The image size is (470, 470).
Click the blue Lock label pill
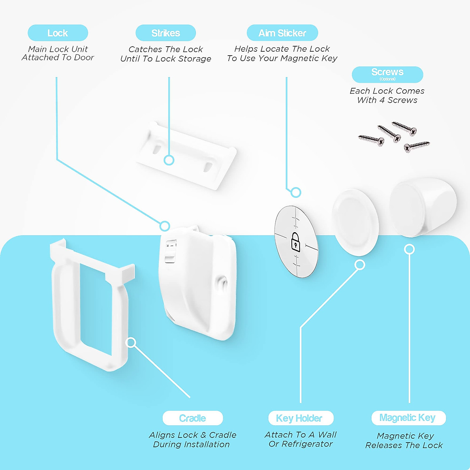(58, 33)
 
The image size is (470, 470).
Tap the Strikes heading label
(166, 33)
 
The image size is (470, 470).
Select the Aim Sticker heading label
(282, 33)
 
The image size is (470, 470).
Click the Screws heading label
(387, 72)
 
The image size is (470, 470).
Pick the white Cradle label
(193, 418)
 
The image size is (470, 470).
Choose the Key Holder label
(300, 418)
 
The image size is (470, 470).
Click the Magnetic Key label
(408, 418)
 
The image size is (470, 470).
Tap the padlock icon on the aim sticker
(296, 242)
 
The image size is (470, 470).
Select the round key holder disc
(355, 222)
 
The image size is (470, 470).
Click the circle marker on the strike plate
(169, 160)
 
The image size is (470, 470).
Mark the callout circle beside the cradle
(131, 343)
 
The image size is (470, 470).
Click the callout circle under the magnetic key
(409, 249)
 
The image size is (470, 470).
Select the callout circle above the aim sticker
(296, 192)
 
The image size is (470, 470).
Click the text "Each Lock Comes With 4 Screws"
(387, 96)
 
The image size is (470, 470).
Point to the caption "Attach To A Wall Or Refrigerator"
(300, 439)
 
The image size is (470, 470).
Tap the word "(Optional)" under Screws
(387, 79)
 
